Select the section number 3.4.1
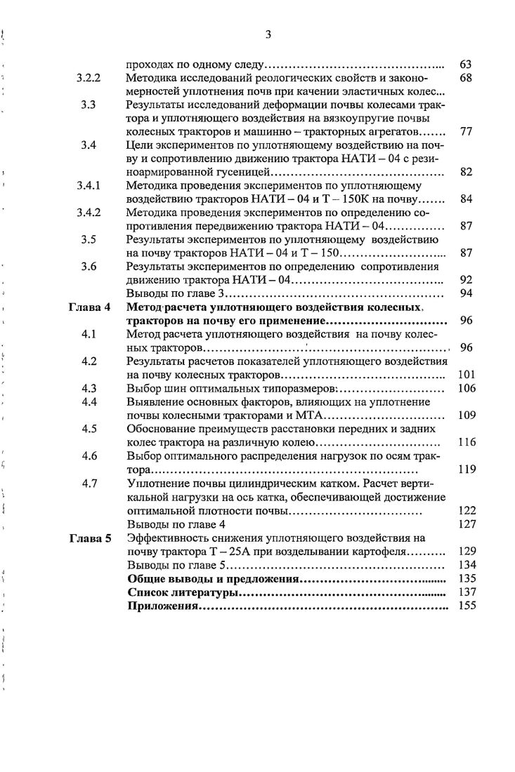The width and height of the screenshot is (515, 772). (89, 186)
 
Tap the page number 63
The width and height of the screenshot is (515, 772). (465, 65)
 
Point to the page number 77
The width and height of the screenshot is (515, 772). (465, 131)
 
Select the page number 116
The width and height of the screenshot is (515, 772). (467, 442)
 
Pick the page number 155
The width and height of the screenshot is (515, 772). (467, 606)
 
